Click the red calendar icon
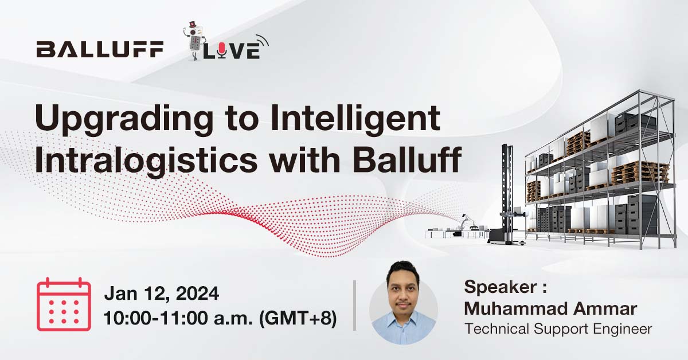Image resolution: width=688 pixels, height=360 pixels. point(64,304)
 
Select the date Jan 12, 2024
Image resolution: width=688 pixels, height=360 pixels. point(161,294)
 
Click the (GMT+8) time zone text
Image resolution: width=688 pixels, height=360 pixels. point(298,319)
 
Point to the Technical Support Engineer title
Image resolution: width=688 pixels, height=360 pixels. point(558,329)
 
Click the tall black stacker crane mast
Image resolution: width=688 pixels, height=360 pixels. point(507,183)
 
